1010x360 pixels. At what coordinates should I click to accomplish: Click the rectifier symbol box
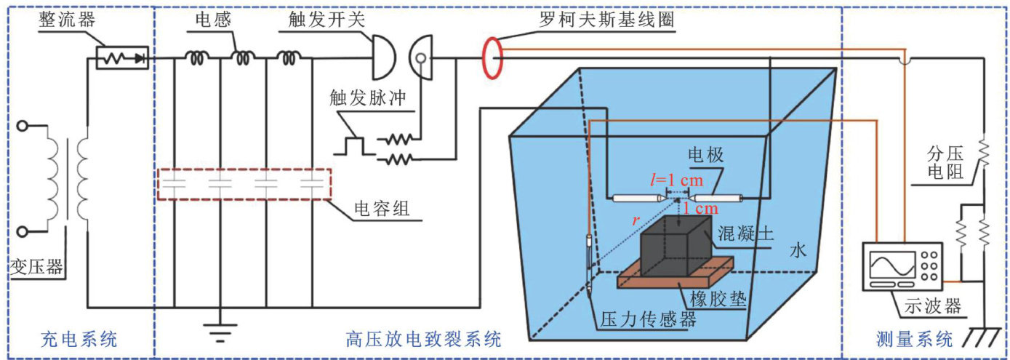coord(123,57)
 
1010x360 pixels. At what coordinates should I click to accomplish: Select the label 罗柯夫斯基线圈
coord(607,20)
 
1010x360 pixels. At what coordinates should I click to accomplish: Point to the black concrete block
coord(676,247)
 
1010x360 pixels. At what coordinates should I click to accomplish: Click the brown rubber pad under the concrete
coord(675,273)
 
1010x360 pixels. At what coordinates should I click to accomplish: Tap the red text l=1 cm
coord(676,180)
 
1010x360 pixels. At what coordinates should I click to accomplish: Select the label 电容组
coord(382,209)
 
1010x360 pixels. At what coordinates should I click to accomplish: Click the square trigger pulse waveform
coord(354,145)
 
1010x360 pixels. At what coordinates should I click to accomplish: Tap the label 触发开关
coord(326,20)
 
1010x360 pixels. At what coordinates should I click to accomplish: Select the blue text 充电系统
coord(79,339)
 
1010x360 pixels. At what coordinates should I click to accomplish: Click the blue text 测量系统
coord(914,339)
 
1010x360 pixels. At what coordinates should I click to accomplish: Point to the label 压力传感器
coord(648,319)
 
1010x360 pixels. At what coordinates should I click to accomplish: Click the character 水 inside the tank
coord(798,249)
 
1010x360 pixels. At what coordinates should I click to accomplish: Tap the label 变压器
coord(36,267)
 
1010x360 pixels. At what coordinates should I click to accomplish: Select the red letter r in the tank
coord(636,220)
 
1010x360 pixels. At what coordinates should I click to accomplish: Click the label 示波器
coord(932,306)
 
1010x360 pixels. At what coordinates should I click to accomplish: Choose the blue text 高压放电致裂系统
coord(423,339)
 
